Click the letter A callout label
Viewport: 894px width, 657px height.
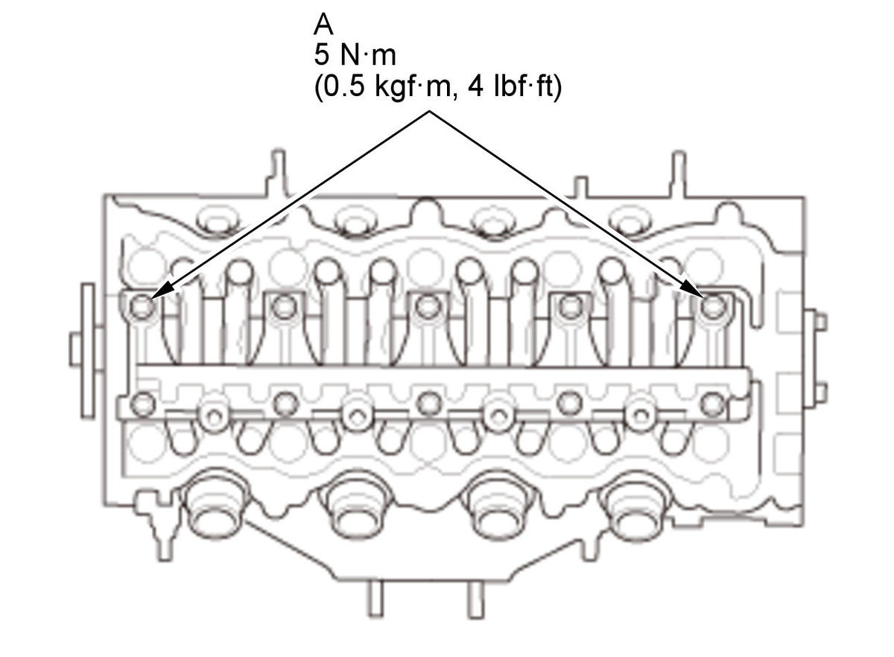point(323,25)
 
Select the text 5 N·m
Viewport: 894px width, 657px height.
point(355,55)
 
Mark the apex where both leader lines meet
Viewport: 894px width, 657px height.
point(429,112)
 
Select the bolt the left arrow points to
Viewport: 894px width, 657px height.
point(142,307)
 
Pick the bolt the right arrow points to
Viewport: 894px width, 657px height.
point(713,307)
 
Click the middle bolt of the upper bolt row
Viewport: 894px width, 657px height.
point(428,306)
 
